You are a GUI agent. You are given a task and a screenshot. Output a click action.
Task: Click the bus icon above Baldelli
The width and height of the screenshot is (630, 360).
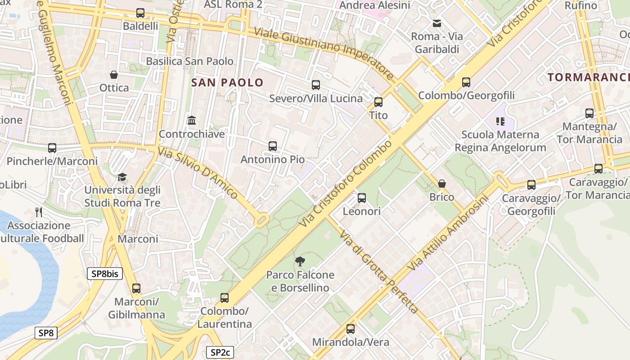point(140,13)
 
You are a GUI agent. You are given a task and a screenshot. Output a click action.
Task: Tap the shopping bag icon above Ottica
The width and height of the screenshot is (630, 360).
point(114,74)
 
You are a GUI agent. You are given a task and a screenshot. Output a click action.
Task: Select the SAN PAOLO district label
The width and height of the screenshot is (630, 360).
point(227,82)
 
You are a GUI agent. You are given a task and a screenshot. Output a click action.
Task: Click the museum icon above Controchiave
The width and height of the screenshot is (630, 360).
point(192,121)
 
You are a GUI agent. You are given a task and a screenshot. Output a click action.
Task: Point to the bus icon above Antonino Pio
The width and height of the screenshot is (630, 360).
point(272,146)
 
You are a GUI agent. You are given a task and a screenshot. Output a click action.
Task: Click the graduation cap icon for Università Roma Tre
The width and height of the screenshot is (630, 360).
point(122,177)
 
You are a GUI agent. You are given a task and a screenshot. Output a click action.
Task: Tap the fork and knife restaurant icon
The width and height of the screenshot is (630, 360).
point(39,212)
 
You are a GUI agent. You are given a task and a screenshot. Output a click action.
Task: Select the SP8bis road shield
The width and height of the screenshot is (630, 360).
point(104,273)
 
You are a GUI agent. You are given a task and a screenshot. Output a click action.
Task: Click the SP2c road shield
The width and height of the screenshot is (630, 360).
point(220,352)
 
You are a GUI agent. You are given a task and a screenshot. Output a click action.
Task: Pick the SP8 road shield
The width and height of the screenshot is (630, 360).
point(46,333)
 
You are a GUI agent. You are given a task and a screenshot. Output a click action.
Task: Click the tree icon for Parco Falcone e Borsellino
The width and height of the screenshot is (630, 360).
point(300,261)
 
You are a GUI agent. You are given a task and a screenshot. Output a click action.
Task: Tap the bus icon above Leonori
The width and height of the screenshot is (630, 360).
point(361,198)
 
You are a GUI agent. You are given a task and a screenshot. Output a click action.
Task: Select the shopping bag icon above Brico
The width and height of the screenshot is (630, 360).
point(441,184)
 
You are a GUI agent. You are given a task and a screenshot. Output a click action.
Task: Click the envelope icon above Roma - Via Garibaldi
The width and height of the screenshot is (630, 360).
point(436,23)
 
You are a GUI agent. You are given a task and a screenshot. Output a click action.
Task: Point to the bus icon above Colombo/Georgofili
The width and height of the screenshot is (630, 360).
point(466,82)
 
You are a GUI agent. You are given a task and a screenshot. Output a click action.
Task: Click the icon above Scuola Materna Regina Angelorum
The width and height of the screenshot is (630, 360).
point(500,121)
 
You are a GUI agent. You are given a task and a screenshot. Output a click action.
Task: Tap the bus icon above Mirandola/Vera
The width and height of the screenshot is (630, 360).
point(351,329)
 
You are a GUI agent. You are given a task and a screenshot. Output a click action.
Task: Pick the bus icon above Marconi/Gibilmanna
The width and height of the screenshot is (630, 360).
point(136,288)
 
